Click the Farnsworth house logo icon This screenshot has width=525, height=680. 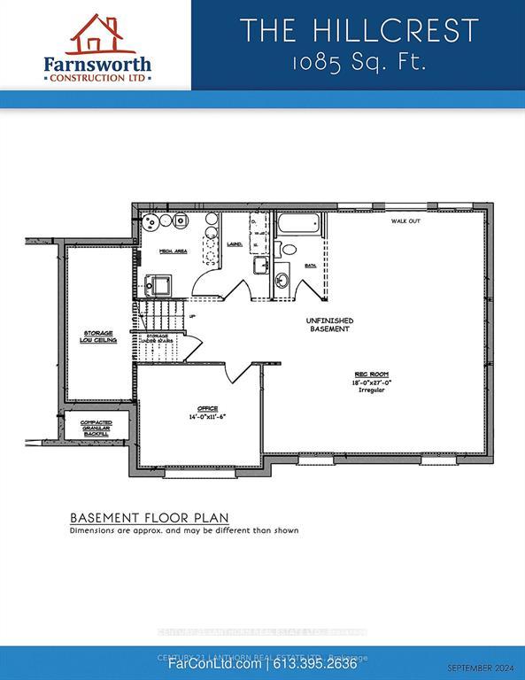pyautogui.click(x=95, y=34)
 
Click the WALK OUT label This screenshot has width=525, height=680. pyautogui.click(x=405, y=222)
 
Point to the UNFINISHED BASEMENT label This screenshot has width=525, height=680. pyautogui.click(x=329, y=324)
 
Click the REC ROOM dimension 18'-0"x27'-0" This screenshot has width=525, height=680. pyautogui.click(x=373, y=382)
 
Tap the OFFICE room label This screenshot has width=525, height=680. pyautogui.click(x=196, y=408)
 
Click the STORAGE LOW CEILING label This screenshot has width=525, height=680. pyautogui.click(x=99, y=336)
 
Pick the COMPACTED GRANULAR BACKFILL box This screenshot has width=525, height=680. pyautogui.click(x=96, y=427)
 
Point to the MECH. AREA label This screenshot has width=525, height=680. pyautogui.click(x=172, y=251)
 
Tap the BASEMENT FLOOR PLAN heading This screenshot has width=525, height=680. pyautogui.click(x=149, y=517)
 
